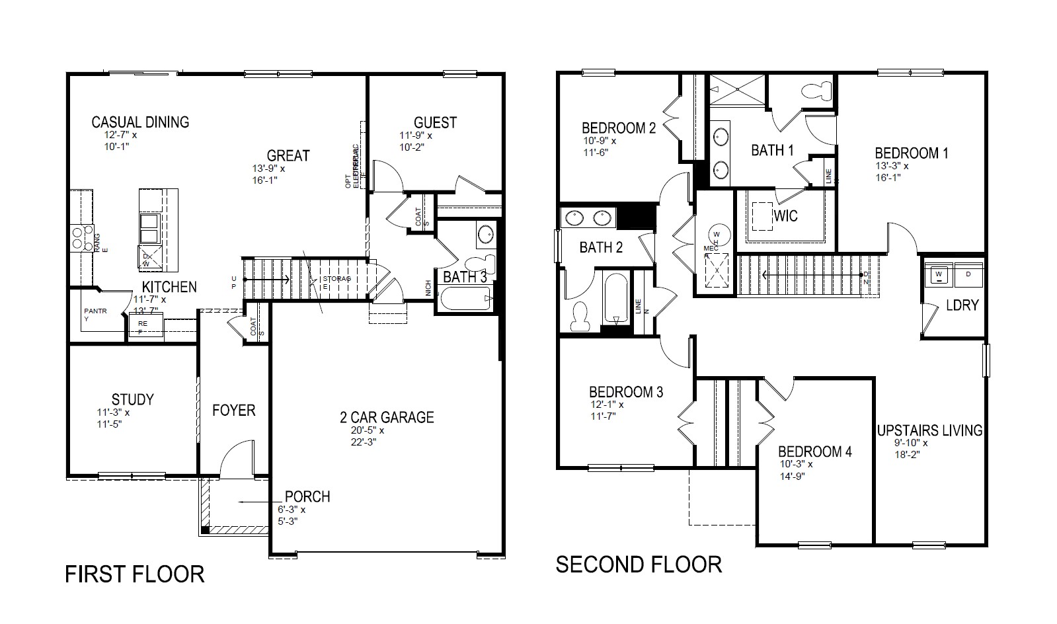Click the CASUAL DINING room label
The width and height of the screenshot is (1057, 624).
(140, 122)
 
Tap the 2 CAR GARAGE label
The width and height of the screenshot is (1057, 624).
(387, 417)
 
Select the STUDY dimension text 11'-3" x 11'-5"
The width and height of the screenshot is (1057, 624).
(113, 418)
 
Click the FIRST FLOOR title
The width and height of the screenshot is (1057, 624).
(135, 574)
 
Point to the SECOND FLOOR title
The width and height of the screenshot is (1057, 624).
(639, 565)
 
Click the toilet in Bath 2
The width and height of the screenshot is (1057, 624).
(580, 317)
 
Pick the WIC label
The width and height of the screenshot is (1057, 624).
(785, 216)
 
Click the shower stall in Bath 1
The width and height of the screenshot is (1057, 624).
(736, 90)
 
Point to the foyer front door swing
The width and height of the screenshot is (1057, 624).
(236, 459)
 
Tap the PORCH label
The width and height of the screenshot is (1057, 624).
(307, 496)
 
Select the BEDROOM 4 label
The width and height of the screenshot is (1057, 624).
(814, 452)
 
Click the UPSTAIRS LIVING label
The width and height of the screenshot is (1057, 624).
(929, 430)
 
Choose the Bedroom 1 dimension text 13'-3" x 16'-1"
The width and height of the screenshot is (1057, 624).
(892, 171)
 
